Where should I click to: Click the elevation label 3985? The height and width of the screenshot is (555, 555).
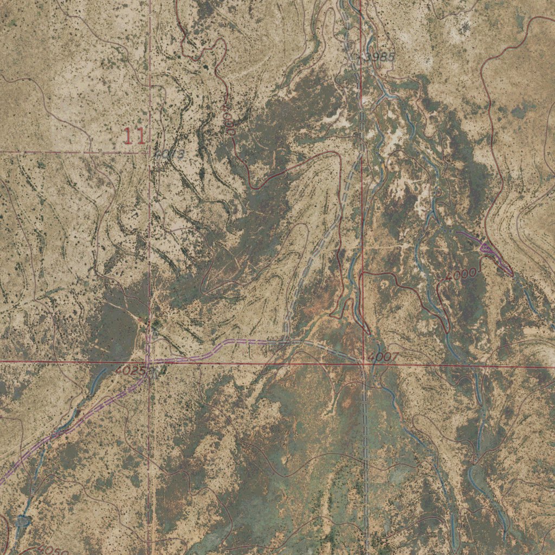click(380, 57)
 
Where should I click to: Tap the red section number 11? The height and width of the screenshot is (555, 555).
click(134, 136)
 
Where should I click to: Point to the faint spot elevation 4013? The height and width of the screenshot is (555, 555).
click(169, 154)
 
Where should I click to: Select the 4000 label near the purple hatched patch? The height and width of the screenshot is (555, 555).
click(461, 274)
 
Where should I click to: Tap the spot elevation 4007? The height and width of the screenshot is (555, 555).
click(383, 357)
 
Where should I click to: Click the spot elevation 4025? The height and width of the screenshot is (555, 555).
click(132, 371)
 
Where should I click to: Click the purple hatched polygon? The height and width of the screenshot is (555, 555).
click(487, 248)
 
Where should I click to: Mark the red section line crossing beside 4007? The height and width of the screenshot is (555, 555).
click(363, 363)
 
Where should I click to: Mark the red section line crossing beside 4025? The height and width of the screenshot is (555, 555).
click(150, 361)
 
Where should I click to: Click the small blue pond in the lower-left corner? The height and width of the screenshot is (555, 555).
click(23, 521)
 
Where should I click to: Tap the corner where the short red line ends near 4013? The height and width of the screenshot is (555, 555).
click(150, 153)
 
